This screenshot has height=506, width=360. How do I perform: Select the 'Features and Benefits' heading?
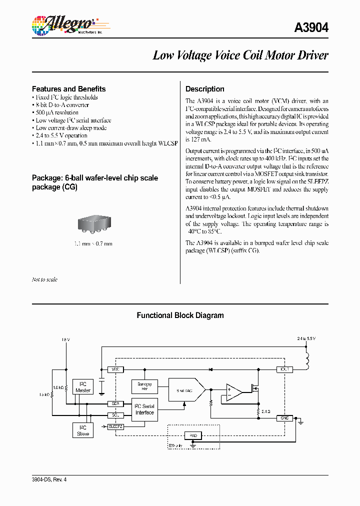68,89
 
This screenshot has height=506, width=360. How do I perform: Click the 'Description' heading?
204,89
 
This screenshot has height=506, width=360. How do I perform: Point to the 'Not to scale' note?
44,279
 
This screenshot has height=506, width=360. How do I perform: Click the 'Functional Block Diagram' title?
180,315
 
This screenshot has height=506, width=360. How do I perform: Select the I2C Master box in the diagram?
83,387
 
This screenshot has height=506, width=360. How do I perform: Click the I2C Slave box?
83,430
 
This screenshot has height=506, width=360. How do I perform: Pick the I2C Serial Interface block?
144,409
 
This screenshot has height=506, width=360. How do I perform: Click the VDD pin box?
115,369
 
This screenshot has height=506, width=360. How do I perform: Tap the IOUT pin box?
284,369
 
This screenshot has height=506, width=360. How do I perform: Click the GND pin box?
284,418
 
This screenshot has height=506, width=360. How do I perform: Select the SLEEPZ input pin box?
115,426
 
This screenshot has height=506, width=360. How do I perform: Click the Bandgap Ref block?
144,386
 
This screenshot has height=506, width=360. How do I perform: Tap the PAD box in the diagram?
193,435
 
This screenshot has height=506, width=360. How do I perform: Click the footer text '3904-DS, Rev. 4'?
49,479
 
